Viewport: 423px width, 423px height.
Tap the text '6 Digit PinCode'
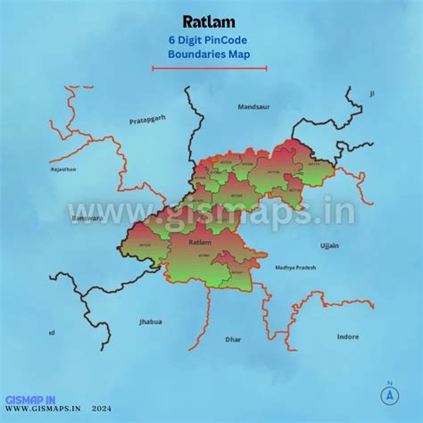click(209, 39)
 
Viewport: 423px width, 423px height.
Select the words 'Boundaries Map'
click(209, 54)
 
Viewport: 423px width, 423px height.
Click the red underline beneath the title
click(209, 67)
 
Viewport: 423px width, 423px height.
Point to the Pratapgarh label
click(148, 119)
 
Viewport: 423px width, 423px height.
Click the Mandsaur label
click(253, 107)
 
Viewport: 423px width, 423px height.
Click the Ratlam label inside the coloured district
click(200, 242)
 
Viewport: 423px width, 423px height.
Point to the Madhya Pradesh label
click(295, 267)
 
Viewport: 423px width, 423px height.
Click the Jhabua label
click(151, 321)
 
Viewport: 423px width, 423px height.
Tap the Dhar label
click(233, 340)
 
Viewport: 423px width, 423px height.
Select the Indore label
click(347, 336)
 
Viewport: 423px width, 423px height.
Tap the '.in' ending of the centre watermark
click(335, 212)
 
